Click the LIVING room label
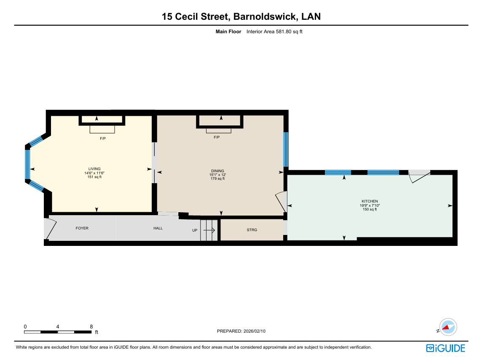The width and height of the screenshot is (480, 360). pos(94,169)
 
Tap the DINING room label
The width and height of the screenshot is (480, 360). pos(217,171)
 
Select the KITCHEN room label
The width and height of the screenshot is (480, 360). pos(370,201)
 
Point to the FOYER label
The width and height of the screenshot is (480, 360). pos(82,228)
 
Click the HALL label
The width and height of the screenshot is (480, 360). pos(158,228)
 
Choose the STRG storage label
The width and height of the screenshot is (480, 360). pos(252,230)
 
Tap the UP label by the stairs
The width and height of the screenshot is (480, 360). pos(195,230)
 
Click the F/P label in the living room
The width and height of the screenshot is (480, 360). pos(103,139)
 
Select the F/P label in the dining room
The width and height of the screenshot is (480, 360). pos(217,137)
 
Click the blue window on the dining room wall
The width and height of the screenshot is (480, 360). pos(286,149)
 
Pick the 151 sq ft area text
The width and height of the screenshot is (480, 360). pos(94,177)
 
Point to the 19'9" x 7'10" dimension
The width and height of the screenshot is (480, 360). pos(370,205)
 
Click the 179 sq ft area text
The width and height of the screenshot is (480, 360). pos(217,179)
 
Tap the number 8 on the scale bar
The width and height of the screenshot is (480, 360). pos(91,327)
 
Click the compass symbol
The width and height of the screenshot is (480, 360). pos(448,327)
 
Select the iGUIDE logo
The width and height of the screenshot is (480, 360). pos(446,348)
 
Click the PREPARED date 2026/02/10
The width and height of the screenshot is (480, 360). pos(255,331)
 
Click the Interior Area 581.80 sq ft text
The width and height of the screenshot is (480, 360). pos(274,32)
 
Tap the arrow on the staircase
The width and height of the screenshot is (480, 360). pos(209,230)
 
